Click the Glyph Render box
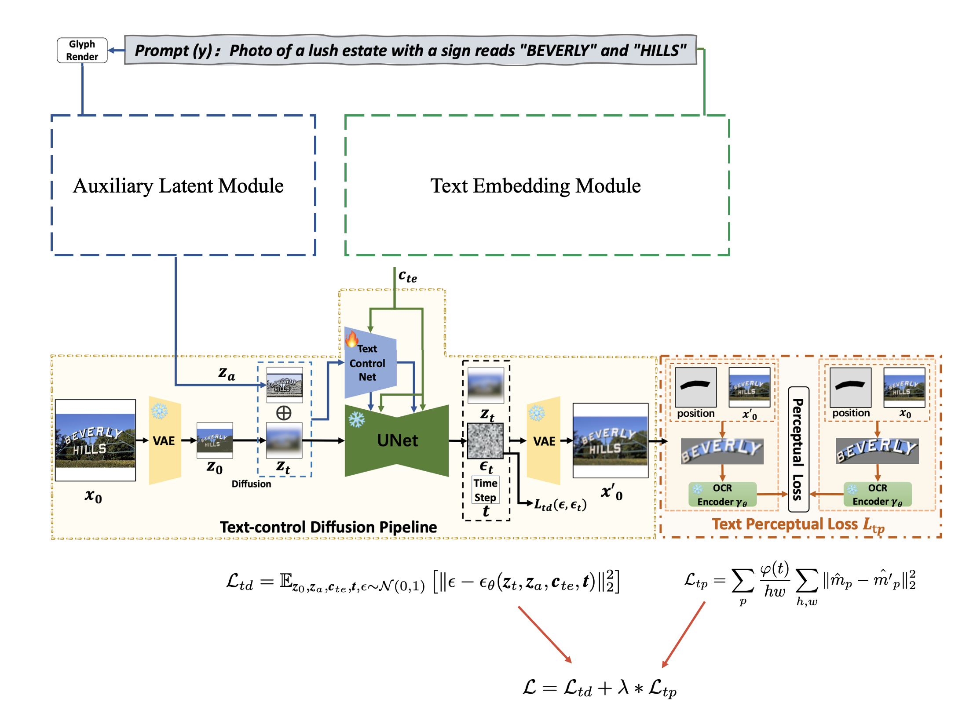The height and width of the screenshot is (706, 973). pyautogui.click(x=82, y=51)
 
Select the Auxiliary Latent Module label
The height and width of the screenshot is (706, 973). pyautogui.click(x=178, y=186)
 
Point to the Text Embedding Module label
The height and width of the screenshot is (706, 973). pyautogui.click(x=535, y=186)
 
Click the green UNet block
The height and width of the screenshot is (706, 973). pyautogui.click(x=397, y=440)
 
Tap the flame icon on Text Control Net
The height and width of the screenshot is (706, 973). pyautogui.click(x=351, y=339)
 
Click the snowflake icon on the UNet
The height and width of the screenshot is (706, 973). pyautogui.click(x=357, y=419)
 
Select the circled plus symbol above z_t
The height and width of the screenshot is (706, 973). pyautogui.click(x=284, y=413)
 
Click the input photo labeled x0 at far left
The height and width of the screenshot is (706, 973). pyautogui.click(x=95, y=440)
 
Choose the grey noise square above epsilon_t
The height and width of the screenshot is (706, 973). pyautogui.click(x=485, y=440)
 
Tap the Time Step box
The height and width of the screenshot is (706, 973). pyautogui.click(x=485, y=490)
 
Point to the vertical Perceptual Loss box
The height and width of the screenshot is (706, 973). pyautogui.click(x=798, y=449)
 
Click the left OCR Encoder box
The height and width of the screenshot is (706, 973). pyautogui.click(x=722, y=495)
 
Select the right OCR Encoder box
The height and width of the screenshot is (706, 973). pyautogui.click(x=878, y=495)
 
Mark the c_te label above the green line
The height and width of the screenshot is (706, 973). pyautogui.click(x=407, y=276)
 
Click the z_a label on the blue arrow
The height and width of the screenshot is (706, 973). pyautogui.click(x=227, y=373)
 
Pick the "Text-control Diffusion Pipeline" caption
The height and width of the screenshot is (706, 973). pyautogui.click(x=328, y=527)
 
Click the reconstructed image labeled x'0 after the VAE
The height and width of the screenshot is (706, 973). pyautogui.click(x=610, y=440)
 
